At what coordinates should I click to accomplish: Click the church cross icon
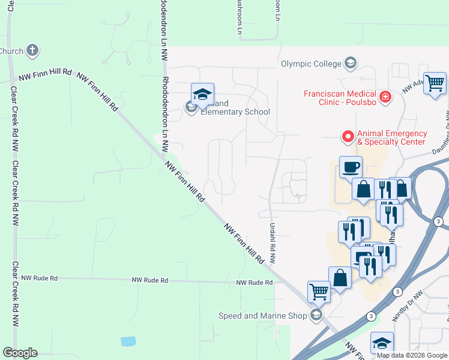tap(32, 50)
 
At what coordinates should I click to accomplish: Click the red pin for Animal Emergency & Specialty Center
tap(348, 137)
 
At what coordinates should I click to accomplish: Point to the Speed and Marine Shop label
tap(263, 316)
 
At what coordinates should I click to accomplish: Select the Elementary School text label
tap(235, 112)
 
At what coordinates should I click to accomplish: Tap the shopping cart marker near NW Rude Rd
tap(319, 292)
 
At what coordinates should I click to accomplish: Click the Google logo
tap(20, 353)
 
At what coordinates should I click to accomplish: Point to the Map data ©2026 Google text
tap(412, 355)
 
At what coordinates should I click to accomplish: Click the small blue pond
tap(128, 341)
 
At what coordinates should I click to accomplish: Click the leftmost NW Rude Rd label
tap(40, 278)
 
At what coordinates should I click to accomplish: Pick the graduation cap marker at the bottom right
tap(382, 343)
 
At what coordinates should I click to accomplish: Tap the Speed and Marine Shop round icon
tap(316, 316)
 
